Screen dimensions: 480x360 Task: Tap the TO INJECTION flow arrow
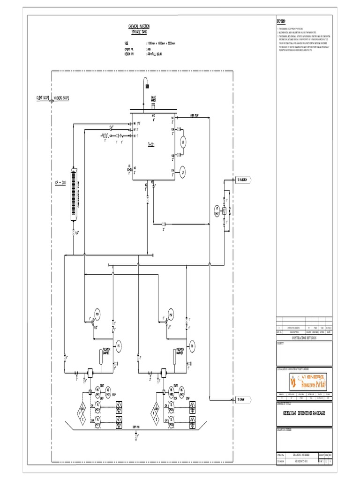point(244,180)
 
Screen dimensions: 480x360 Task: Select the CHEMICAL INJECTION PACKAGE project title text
point(304,413)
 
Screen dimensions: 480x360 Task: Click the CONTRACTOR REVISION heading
point(304,337)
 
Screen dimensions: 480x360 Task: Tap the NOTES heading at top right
point(281,22)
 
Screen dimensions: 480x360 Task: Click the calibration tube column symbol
point(74,187)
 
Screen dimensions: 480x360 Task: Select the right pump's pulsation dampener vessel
point(175,359)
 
